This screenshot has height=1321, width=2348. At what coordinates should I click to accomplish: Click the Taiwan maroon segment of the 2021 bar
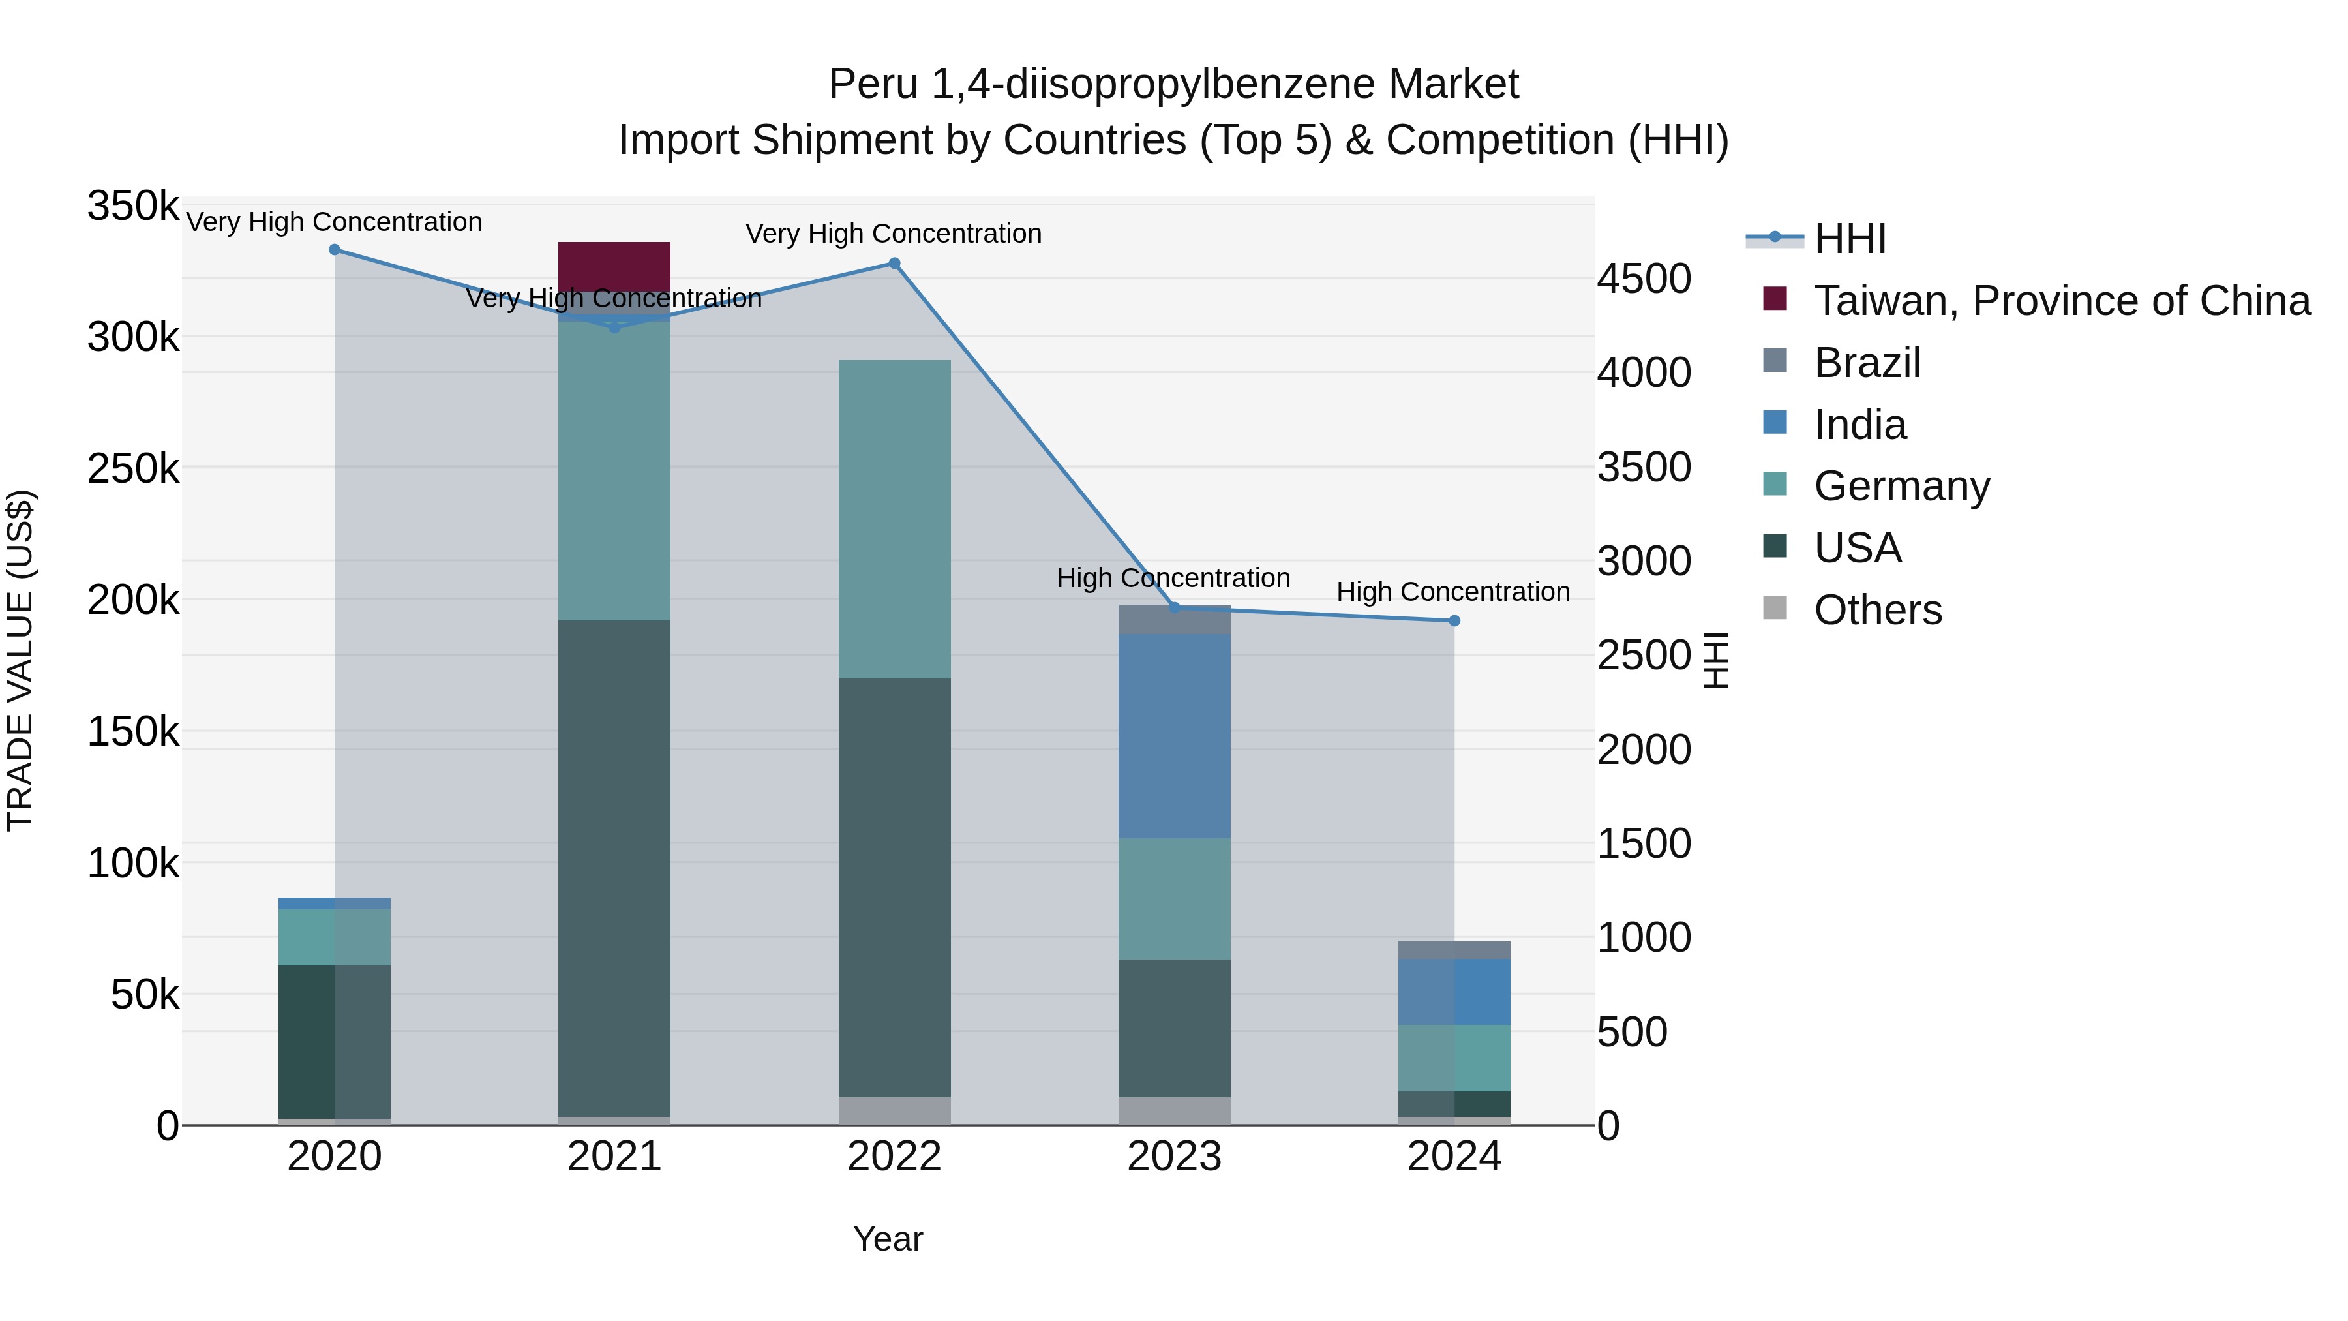pyautogui.click(x=614, y=266)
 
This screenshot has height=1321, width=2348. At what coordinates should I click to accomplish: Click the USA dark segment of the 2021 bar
pyautogui.click(x=614, y=867)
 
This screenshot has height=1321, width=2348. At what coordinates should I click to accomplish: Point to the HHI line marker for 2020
pyautogui.click(x=335, y=250)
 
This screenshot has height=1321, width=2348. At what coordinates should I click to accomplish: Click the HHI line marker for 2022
pyautogui.click(x=894, y=264)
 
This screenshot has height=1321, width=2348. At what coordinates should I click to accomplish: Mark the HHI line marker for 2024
pyautogui.click(x=1454, y=621)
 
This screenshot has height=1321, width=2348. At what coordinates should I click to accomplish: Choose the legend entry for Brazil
pyautogui.click(x=1867, y=363)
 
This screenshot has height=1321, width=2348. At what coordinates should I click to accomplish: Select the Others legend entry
pyautogui.click(x=1878, y=610)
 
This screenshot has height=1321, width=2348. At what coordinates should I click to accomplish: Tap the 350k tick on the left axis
pyautogui.click(x=133, y=206)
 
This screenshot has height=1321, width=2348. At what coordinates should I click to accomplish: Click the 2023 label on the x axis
pyautogui.click(x=1174, y=1157)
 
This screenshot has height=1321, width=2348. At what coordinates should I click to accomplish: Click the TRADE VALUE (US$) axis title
pyautogui.click(x=21, y=660)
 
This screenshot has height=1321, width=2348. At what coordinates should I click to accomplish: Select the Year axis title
pyautogui.click(x=888, y=1239)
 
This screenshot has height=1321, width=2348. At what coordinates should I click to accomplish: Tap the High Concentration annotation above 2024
pyautogui.click(x=1453, y=592)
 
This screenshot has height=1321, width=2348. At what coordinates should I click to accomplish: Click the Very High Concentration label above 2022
pyautogui.click(x=894, y=234)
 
